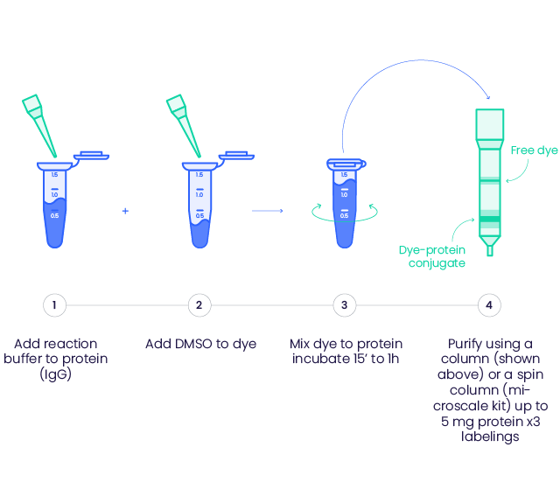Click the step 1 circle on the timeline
54,305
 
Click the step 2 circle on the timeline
199,305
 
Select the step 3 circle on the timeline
345,305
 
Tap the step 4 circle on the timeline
490,305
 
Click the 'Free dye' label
534,150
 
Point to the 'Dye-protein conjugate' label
432,256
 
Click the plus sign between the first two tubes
125,211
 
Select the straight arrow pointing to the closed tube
268,211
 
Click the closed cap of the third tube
345,164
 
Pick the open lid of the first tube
91,156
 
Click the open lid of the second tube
236,156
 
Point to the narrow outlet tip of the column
490,250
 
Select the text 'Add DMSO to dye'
200,344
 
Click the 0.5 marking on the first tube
54,215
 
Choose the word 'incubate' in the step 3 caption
319,360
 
